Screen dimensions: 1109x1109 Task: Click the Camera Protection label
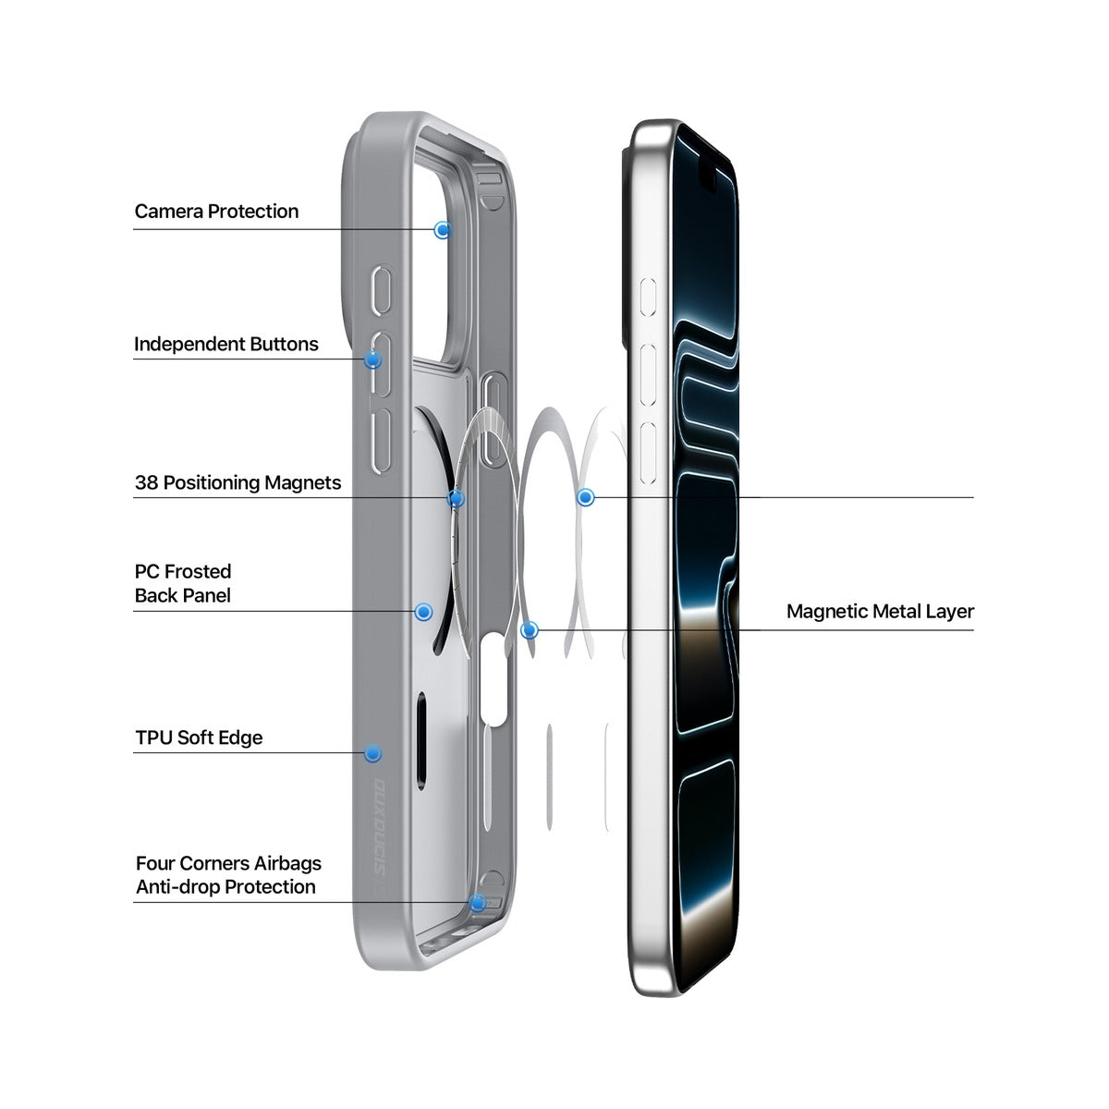pyautogui.click(x=216, y=212)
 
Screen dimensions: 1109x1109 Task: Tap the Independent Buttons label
pyautogui.click(x=226, y=344)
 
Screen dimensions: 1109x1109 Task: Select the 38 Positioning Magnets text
pyautogui.click(x=238, y=482)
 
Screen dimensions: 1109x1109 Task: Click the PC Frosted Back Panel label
pyautogui.click(x=183, y=583)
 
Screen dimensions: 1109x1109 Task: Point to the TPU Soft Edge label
pyautogui.click(x=199, y=737)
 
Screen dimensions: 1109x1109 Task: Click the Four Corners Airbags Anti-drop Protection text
pyautogui.click(x=228, y=875)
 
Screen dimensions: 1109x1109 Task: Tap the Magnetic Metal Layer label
pyautogui.click(x=880, y=611)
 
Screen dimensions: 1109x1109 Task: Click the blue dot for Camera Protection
pyautogui.click(x=442, y=230)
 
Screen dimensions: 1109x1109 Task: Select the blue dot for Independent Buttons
pyautogui.click(x=373, y=360)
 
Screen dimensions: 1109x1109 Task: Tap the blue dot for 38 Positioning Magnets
pyautogui.click(x=457, y=498)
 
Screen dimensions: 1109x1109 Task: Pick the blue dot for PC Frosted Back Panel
pyautogui.click(x=423, y=612)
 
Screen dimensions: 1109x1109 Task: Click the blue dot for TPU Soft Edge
pyautogui.click(x=373, y=753)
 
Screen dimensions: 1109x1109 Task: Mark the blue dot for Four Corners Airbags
pyautogui.click(x=477, y=903)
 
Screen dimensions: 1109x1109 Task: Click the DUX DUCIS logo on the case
pyautogui.click(x=380, y=828)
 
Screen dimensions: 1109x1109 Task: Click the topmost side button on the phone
pyautogui.click(x=649, y=297)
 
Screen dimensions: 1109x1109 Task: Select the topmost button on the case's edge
pyautogui.click(x=382, y=290)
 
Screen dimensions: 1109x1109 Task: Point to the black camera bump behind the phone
pyautogui.click(x=626, y=248)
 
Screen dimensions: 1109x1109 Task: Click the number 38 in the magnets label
pyautogui.click(x=146, y=482)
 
